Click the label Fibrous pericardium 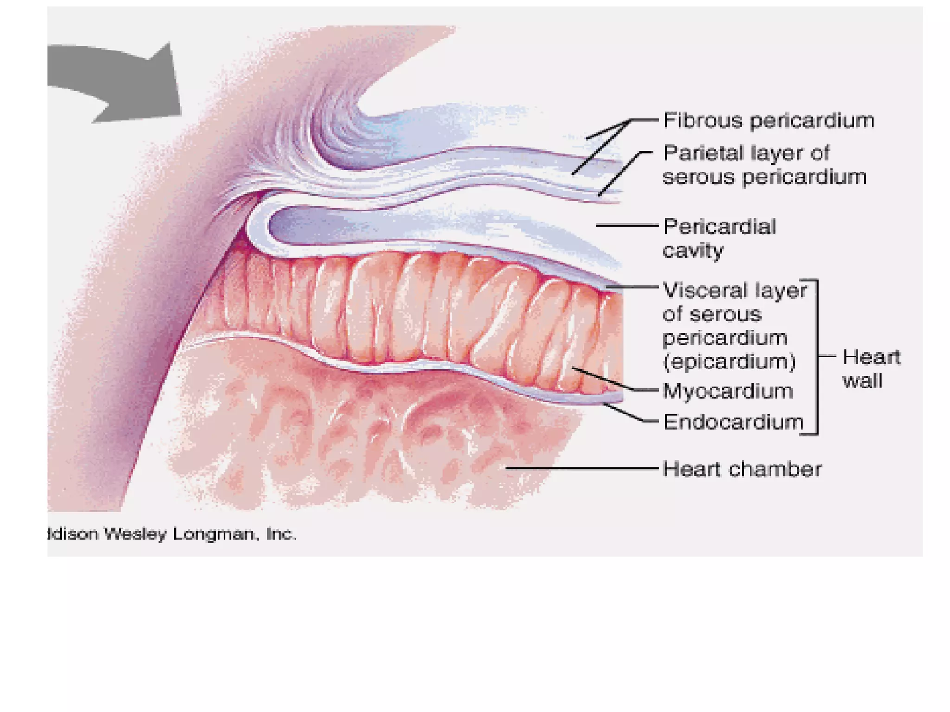pyautogui.click(x=768, y=121)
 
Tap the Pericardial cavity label pyautogui.click(x=719, y=238)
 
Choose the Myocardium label pyautogui.click(x=727, y=391)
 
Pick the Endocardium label pyautogui.click(x=733, y=422)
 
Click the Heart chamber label pyautogui.click(x=742, y=469)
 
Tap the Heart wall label pyautogui.click(x=871, y=369)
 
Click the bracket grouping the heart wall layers pyautogui.click(x=816, y=357)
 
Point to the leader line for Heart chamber pyautogui.click(x=580, y=468)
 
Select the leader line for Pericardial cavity pyautogui.click(x=626, y=225)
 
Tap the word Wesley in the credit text pyautogui.click(x=135, y=534)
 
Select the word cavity pyautogui.click(x=693, y=251)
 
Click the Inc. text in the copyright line pyautogui.click(x=281, y=534)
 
